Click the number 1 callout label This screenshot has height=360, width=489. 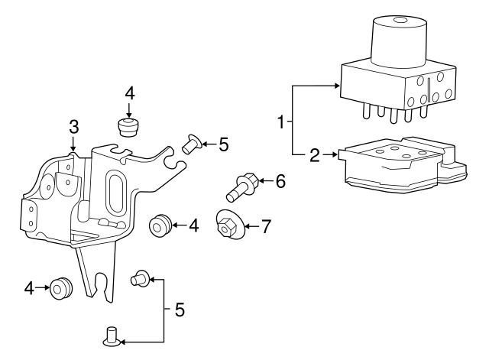coord(281,122)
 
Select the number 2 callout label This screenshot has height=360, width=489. coord(314,157)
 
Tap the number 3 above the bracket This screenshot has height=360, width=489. coord(73,125)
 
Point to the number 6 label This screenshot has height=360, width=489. coord(280,182)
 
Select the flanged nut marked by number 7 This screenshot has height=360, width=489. coord(228,224)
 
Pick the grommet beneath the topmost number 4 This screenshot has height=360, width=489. coord(129,126)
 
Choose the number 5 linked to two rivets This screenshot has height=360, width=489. coord(180,310)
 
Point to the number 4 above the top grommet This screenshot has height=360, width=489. coord(130,93)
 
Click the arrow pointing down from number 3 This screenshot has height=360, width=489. coord(73,141)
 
